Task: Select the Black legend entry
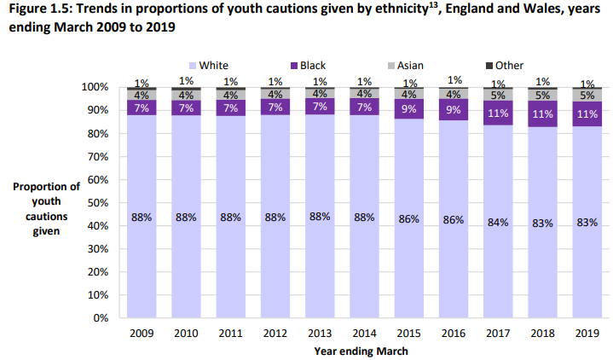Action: (x=313, y=66)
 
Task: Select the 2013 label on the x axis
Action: (x=319, y=333)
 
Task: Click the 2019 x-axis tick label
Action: (x=587, y=333)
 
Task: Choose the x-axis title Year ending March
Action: (x=361, y=351)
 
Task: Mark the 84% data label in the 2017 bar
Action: (x=498, y=222)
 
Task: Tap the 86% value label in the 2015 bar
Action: (x=408, y=219)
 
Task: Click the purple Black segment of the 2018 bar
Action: (x=542, y=114)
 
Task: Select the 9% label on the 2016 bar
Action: (x=454, y=110)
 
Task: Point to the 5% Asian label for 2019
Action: (x=587, y=96)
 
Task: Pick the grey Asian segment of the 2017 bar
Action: (x=498, y=95)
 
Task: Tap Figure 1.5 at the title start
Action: (x=39, y=9)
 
